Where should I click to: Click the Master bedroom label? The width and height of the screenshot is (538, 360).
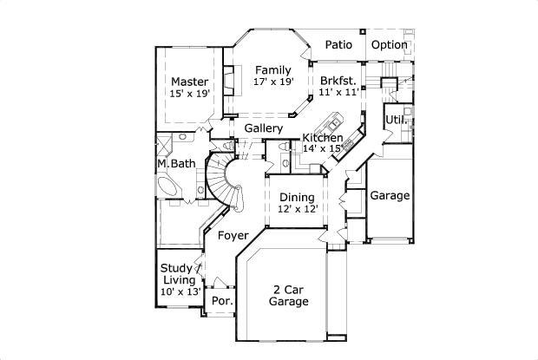click(188, 82)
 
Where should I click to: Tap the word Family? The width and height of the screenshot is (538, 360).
click(272, 69)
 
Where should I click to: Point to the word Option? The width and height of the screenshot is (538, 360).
click(390, 45)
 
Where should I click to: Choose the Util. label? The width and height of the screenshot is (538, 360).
click(396, 118)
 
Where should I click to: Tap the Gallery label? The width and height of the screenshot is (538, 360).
click(263, 128)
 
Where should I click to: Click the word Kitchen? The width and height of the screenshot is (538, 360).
click(322, 138)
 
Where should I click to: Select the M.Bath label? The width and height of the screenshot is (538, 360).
click(176, 164)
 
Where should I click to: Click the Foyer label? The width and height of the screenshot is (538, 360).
click(233, 235)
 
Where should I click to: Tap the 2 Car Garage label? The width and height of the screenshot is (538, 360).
click(289, 295)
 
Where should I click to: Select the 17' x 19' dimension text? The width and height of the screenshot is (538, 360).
click(273, 82)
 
